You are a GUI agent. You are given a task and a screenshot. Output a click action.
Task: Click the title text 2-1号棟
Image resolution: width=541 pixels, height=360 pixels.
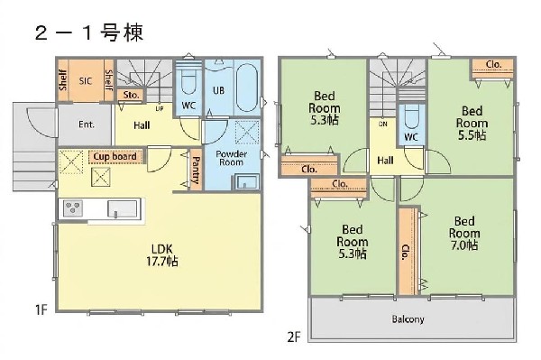pos(87,31)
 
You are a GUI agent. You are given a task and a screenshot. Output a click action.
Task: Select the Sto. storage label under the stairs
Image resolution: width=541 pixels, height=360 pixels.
pos(130,94)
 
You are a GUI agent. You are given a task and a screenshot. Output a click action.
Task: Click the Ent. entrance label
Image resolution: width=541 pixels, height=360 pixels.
pos(87,125)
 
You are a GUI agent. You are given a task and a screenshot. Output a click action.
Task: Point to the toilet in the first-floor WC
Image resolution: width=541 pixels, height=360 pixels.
pos(188,84)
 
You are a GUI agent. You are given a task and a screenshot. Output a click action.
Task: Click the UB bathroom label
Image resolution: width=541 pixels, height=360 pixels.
pos(218,90)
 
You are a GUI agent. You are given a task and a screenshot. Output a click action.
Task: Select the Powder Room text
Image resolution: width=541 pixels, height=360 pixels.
pos(231,159)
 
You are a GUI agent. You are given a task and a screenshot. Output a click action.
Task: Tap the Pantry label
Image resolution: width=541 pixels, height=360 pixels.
pos(196,170)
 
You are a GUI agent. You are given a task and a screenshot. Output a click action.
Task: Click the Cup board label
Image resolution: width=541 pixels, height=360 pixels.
pos(115,155)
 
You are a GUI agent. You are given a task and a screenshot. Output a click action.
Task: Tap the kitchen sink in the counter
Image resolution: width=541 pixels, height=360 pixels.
pos(121,209)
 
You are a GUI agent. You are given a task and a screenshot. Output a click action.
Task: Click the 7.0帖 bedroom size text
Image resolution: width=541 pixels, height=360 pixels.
pos(464,245)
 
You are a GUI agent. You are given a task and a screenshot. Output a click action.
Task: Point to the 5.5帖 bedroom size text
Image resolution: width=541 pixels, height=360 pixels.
pos(471,135)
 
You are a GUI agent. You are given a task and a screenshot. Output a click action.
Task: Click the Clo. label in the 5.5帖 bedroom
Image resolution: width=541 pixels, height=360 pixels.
pos(493,65)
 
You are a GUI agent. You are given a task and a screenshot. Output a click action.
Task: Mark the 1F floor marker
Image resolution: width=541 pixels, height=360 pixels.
pos(41,310)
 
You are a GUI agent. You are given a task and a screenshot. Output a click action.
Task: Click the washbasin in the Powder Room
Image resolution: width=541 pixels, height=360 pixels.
pos(243,182)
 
